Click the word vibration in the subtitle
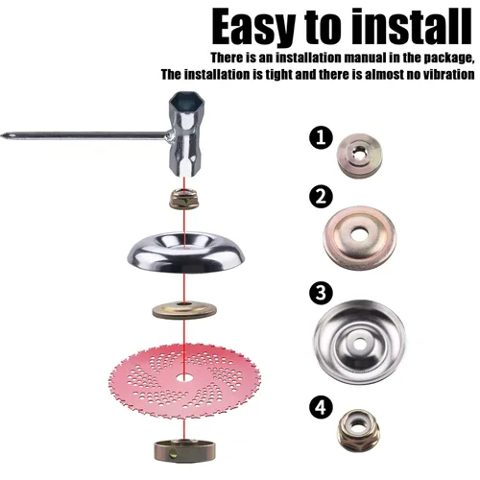point(443,74)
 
